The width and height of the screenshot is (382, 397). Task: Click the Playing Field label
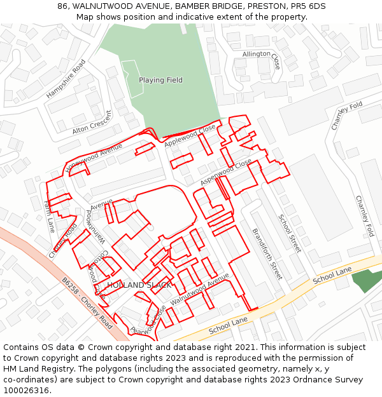point(160,80)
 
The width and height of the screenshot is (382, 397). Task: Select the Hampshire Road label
point(66,79)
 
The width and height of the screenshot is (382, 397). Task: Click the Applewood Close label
point(190,137)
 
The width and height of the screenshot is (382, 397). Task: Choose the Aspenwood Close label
point(226,172)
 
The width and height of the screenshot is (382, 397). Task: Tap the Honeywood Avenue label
point(94,158)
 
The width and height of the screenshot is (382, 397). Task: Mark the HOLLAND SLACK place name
point(139,285)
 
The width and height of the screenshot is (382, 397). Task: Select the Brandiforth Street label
point(267,254)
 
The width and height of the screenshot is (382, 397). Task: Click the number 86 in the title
point(62,6)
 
